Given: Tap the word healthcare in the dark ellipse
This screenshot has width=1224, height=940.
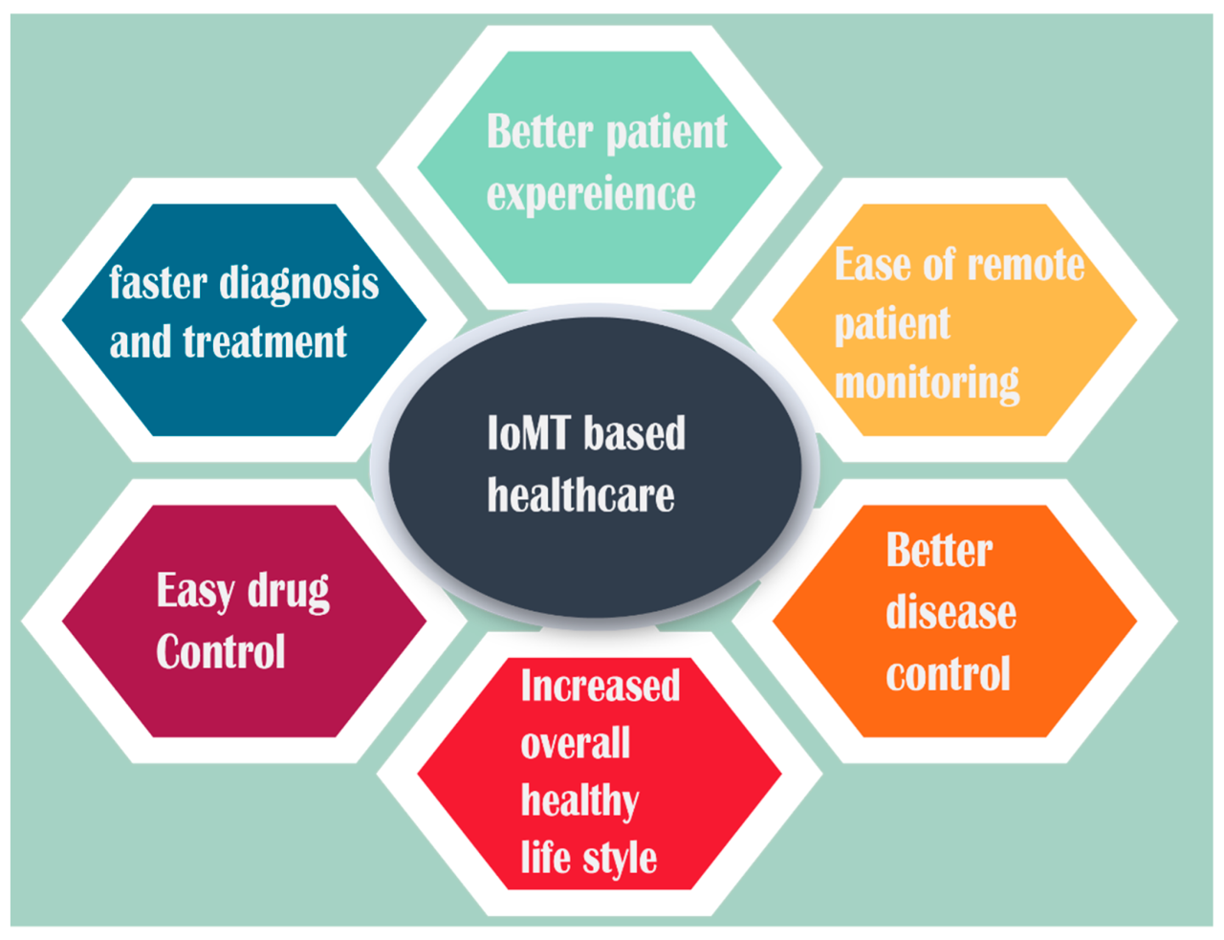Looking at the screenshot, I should (580, 495).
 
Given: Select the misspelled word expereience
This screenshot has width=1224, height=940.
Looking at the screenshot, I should (590, 195).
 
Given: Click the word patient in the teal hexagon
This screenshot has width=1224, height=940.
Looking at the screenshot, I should (667, 133).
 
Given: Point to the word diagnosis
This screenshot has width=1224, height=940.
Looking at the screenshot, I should (298, 285).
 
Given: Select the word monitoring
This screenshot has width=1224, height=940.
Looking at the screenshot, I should (927, 383).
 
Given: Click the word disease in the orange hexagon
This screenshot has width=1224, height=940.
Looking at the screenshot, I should (951, 612).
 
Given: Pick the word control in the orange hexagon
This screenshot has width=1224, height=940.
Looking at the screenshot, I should (948, 674).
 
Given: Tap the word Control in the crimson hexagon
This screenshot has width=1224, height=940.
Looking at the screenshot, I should (221, 652).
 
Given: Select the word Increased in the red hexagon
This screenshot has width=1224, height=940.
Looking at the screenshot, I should (600, 686).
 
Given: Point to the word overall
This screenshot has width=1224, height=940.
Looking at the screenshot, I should (575, 743).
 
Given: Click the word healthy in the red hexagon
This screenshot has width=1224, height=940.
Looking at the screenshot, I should (579, 800).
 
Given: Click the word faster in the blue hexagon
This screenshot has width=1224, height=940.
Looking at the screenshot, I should (157, 284).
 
